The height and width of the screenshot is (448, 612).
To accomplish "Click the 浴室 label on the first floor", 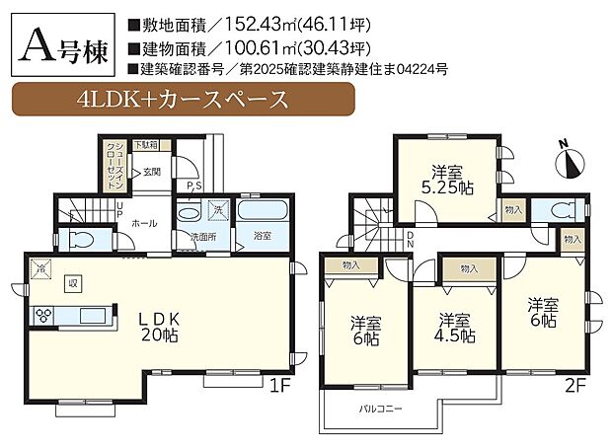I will click(x=262, y=236).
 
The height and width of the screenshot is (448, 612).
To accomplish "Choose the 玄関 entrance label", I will click(x=151, y=171).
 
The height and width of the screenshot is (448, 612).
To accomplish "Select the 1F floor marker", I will click(x=277, y=384).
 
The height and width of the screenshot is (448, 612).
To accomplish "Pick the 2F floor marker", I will click(x=575, y=384).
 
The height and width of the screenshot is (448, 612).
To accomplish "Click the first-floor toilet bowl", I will click(x=80, y=240).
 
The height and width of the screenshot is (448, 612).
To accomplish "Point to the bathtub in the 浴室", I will click(x=262, y=211).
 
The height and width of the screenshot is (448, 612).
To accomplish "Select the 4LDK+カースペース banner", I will click(x=182, y=99).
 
